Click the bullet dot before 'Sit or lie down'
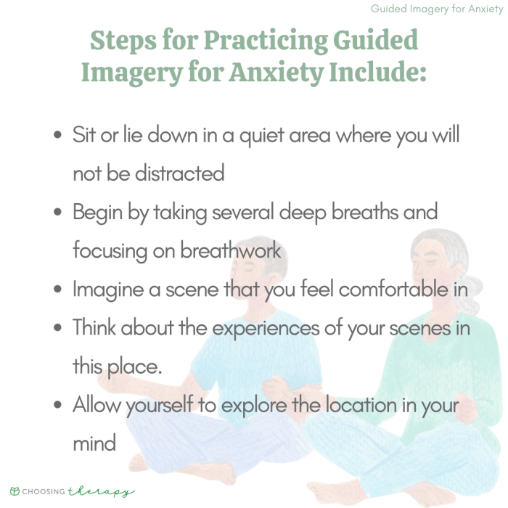click(x=57, y=136)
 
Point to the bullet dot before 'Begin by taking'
click(x=57, y=213)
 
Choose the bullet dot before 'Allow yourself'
click(x=57, y=405)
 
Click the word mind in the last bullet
click(x=94, y=443)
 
